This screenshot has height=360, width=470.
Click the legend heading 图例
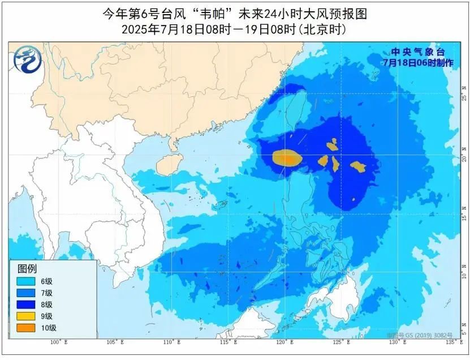click(27, 268)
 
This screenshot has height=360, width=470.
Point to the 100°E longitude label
click(59, 342)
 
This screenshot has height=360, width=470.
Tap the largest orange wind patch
click(286, 158)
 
